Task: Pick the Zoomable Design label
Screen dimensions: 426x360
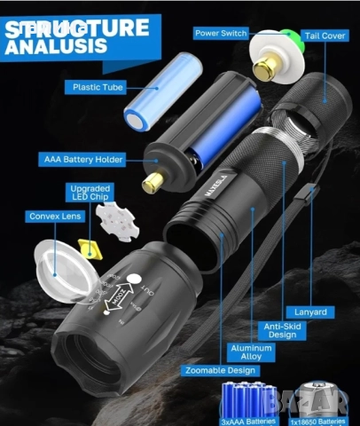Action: (x=220, y=370)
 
